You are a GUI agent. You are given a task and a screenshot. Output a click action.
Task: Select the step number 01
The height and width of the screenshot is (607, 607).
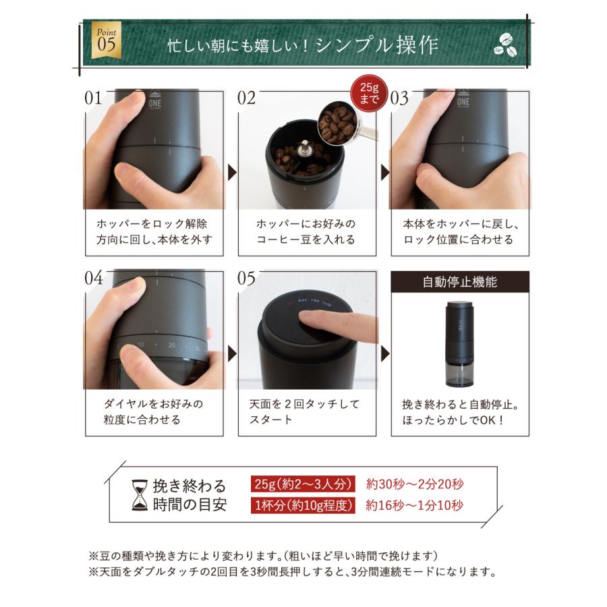(x=94, y=98)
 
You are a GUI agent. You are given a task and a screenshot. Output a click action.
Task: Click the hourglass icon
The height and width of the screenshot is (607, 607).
(x=140, y=496)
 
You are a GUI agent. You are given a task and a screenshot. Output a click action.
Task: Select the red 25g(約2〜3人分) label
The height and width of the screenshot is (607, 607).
(x=303, y=484)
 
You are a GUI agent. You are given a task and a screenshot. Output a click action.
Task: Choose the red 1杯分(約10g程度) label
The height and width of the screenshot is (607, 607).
(x=303, y=505)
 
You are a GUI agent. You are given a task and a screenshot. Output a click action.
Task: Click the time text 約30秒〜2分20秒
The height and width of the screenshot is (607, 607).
(x=415, y=484)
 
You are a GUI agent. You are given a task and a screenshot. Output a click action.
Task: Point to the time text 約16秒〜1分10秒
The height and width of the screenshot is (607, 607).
(x=415, y=505)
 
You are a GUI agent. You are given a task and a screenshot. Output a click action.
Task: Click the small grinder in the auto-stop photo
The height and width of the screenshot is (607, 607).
(x=460, y=344)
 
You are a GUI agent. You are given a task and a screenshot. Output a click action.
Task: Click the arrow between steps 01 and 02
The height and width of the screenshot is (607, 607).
(x=232, y=174)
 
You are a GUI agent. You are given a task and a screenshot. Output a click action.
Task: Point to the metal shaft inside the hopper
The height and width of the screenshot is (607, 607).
(x=306, y=150)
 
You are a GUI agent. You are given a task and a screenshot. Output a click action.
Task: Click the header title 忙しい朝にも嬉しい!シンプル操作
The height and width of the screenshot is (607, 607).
(x=303, y=45)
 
